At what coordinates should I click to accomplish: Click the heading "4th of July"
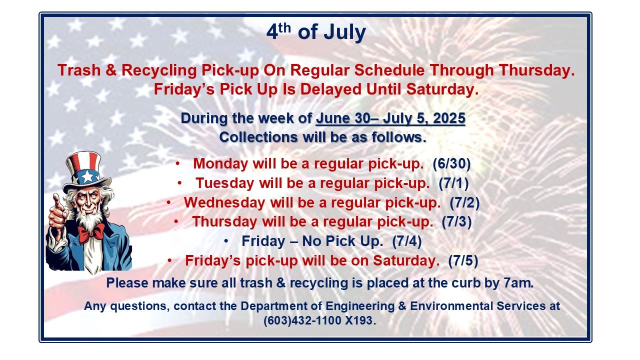click(316, 33)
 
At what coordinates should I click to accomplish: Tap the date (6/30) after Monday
click(452, 163)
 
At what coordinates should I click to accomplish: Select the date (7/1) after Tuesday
click(453, 183)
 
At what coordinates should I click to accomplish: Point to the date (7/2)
click(464, 202)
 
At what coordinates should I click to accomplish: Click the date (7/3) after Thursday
click(456, 221)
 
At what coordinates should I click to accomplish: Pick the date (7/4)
click(407, 241)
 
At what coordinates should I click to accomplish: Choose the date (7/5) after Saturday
click(463, 260)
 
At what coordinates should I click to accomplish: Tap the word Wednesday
click(224, 202)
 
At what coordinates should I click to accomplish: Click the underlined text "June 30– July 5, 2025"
click(390, 119)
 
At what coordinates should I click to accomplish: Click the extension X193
click(359, 320)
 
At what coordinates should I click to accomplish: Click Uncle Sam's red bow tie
click(91, 232)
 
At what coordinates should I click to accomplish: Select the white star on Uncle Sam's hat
click(88, 176)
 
